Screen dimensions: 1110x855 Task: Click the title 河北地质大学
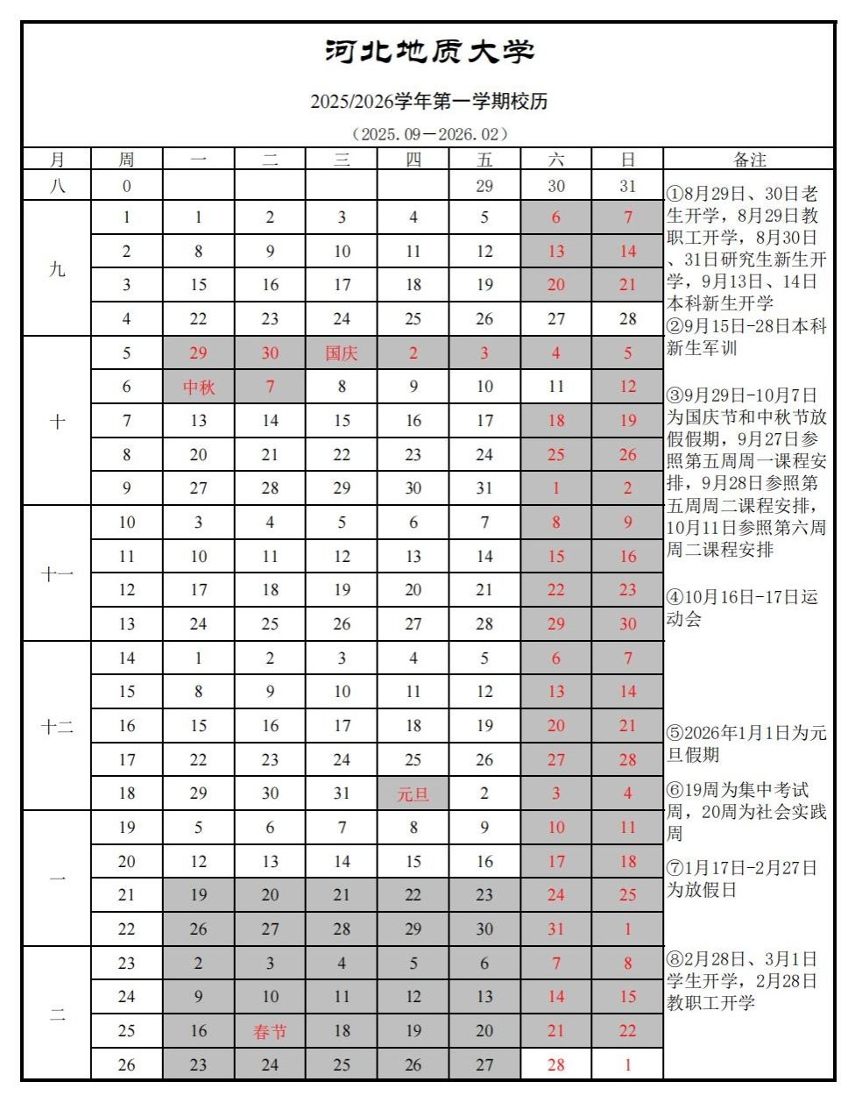[428, 52]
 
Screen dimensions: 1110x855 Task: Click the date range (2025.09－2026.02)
[428, 134]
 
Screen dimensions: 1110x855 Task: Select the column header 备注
[749, 160]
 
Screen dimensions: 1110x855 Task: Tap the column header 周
[126, 160]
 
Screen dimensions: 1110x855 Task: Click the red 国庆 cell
[342, 353]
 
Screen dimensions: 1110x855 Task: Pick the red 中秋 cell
[199, 387]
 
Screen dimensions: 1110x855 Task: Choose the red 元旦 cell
[413, 794]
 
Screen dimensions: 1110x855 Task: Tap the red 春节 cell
[270, 1032]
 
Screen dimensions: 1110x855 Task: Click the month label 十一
[57, 573]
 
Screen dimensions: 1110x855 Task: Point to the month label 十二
[57, 727]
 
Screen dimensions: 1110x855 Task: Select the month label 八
[57, 186]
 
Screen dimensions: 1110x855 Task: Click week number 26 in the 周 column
[126, 1065]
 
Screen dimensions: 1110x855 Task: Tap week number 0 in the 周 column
[126, 186]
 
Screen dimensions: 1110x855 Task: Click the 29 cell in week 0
[484, 186]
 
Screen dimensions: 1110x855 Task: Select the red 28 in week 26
[556, 1065]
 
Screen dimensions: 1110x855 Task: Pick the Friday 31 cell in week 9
[484, 488]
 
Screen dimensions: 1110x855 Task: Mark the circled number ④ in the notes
[674, 598]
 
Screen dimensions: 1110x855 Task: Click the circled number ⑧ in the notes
[674, 960]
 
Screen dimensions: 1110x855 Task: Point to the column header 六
[556, 160]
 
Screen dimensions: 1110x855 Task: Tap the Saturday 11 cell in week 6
[556, 387]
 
